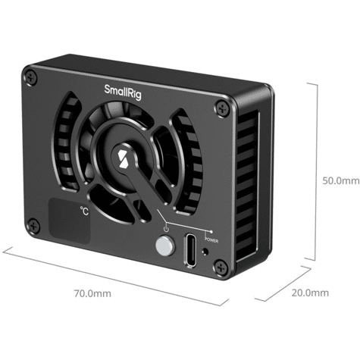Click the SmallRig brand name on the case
pos(123,92)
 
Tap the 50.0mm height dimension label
pos(341,181)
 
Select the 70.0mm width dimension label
pos(92,293)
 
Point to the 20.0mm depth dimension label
pos(310,293)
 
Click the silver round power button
pos(165,246)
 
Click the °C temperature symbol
pos(85,211)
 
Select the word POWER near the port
pos(211,240)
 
